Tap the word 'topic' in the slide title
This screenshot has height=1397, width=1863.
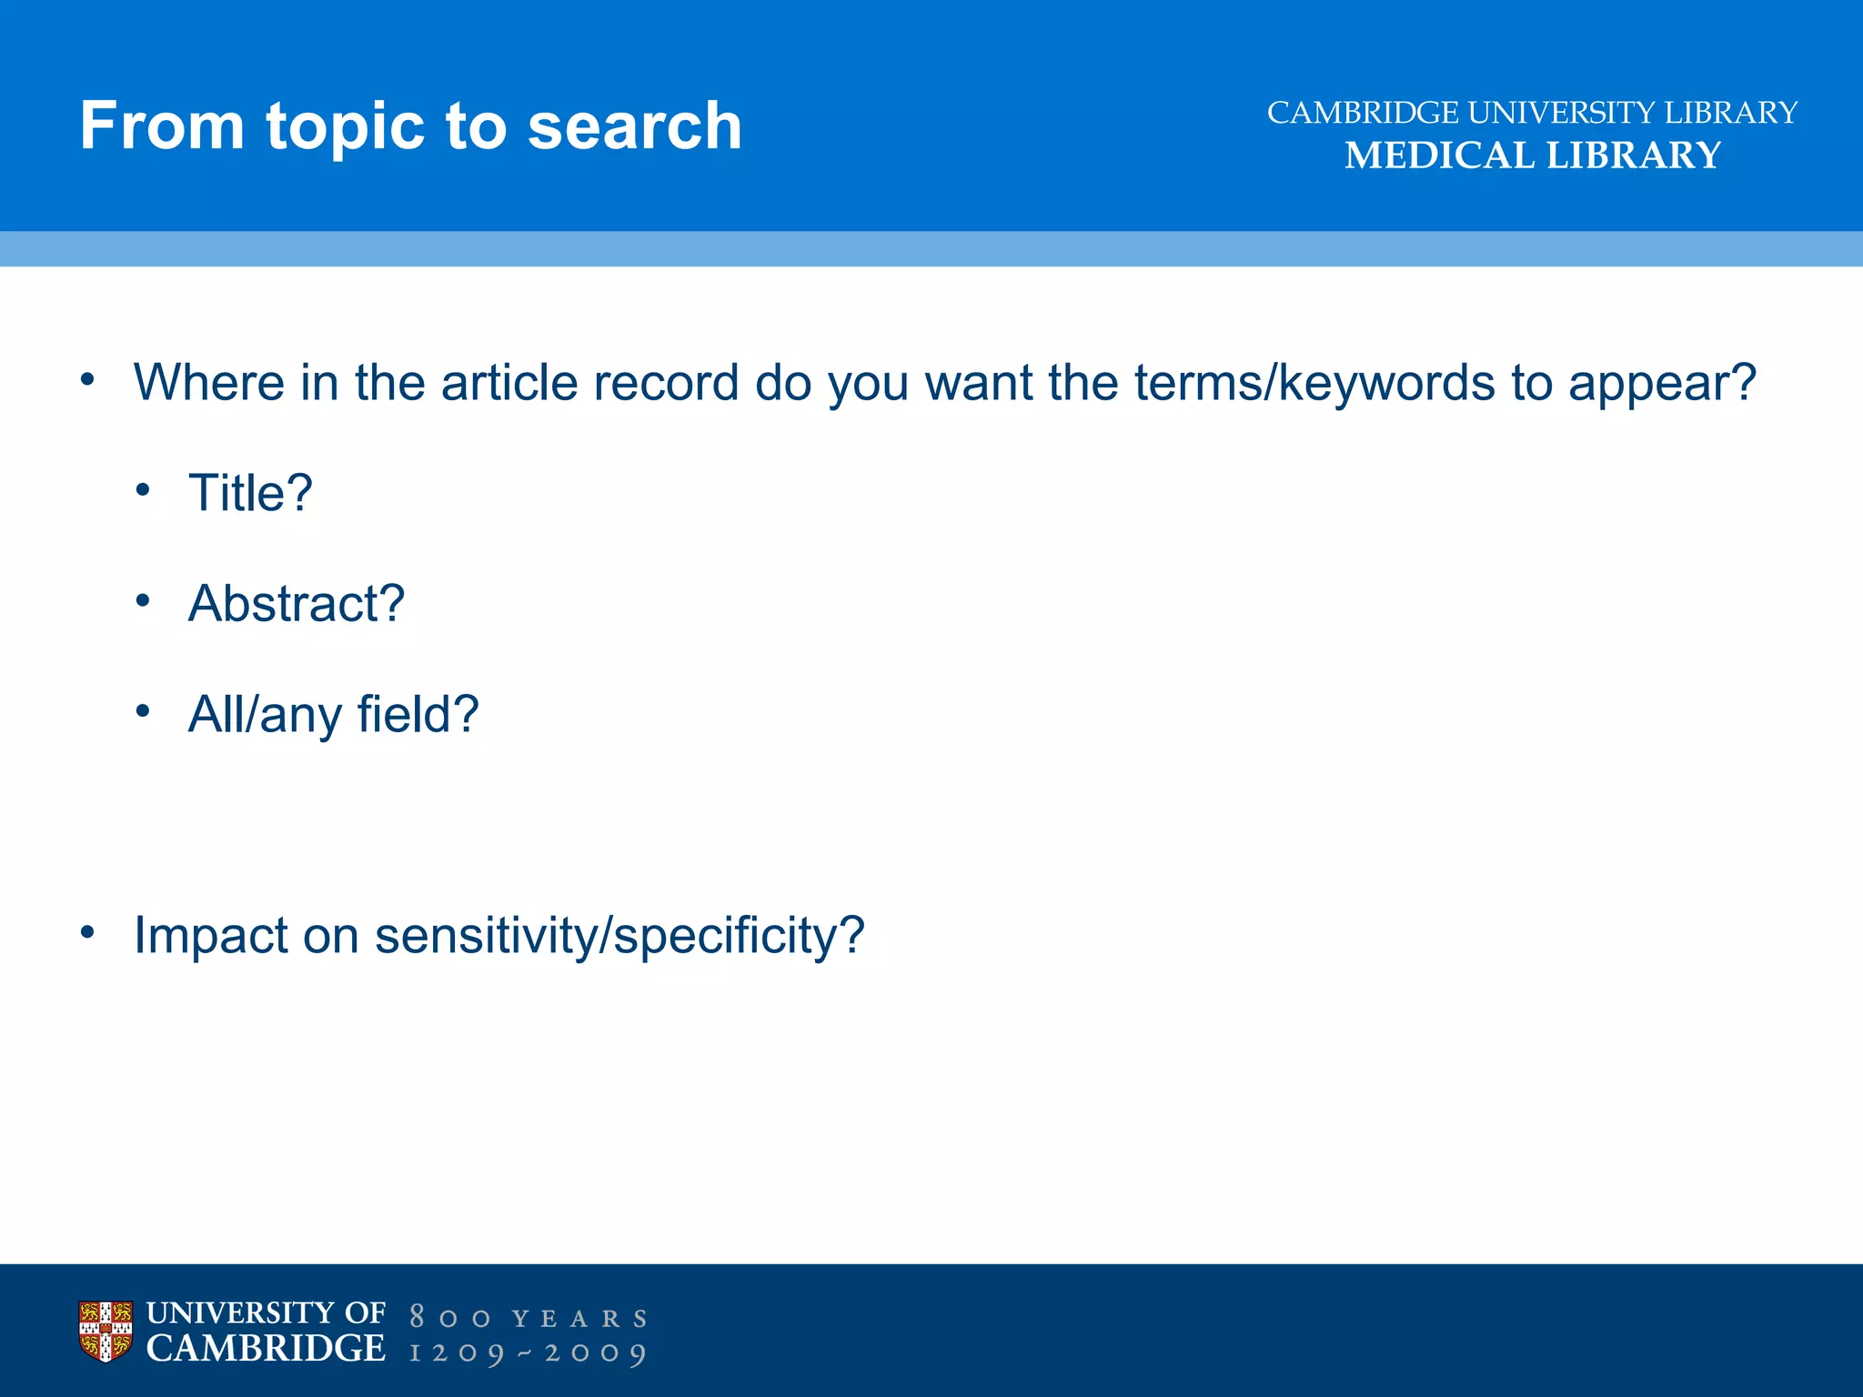click(x=345, y=127)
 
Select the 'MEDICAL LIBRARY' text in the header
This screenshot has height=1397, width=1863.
click(x=1533, y=156)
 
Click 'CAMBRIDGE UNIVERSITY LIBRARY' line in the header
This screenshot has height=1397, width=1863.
click(x=1532, y=113)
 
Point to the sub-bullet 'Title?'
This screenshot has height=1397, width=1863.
click(x=250, y=493)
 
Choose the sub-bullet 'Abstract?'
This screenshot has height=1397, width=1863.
click(x=296, y=603)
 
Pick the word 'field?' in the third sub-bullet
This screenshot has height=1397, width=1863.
click(x=418, y=714)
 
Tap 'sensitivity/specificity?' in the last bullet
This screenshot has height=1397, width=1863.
click(x=619, y=935)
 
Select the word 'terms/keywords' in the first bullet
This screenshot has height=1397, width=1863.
click(x=1314, y=383)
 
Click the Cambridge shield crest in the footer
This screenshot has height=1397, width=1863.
click(x=106, y=1332)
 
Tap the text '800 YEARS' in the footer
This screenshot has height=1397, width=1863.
click(x=529, y=1318)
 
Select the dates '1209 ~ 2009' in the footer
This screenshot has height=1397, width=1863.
click(x=529, y=1353)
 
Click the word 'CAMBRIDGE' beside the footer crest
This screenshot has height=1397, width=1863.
click(x=266, y=1349)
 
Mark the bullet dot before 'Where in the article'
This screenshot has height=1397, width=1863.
click(x=87, y=379)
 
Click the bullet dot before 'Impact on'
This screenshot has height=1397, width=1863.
click(x=87, y=931)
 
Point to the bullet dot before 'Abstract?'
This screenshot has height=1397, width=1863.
click(x=142, y=600)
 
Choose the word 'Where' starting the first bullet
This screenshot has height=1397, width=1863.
click(x=209, y=383)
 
